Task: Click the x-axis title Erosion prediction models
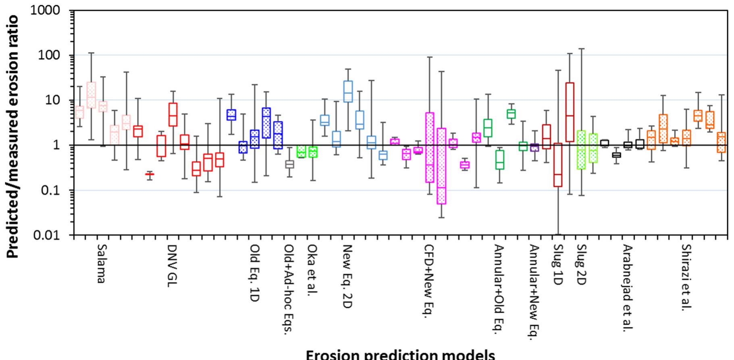pyautogui.click(x=400, y=355)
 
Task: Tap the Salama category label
pyautogui.click(x=102, y=264)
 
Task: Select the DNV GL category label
pyautogui.click(x=172, y=266)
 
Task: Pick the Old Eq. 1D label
pyautogui.click(x=255, y=273)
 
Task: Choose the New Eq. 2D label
pyautogui.click(x=347, y=276)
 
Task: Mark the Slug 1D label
pyautogui.click(x=558, y=264)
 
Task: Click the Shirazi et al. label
pyautogui.click(x=685, y=277)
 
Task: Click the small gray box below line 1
pyautogui.click(x=289, y=164)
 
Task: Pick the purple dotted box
pyautogui.click(x=534, y=148)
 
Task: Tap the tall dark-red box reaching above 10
pyautogui.click(x=570, y=112)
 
